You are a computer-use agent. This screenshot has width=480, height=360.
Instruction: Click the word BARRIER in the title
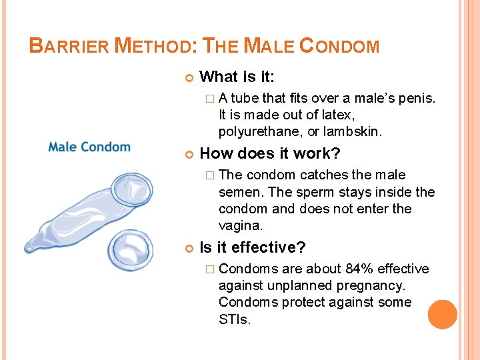[x=70, y=47]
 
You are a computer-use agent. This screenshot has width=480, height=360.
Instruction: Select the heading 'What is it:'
[x=237, y=77]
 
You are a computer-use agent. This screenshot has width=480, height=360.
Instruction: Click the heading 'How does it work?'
[x=269, y=153]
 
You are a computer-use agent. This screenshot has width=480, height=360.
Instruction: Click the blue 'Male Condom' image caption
[x=89, y=147]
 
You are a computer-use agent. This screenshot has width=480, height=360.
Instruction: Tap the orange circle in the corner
[x=442, y=315]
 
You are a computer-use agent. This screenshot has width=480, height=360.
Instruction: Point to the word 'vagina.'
[x=241, y=226]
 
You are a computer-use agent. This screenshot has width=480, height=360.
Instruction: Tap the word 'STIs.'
[x=235, y=320]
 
